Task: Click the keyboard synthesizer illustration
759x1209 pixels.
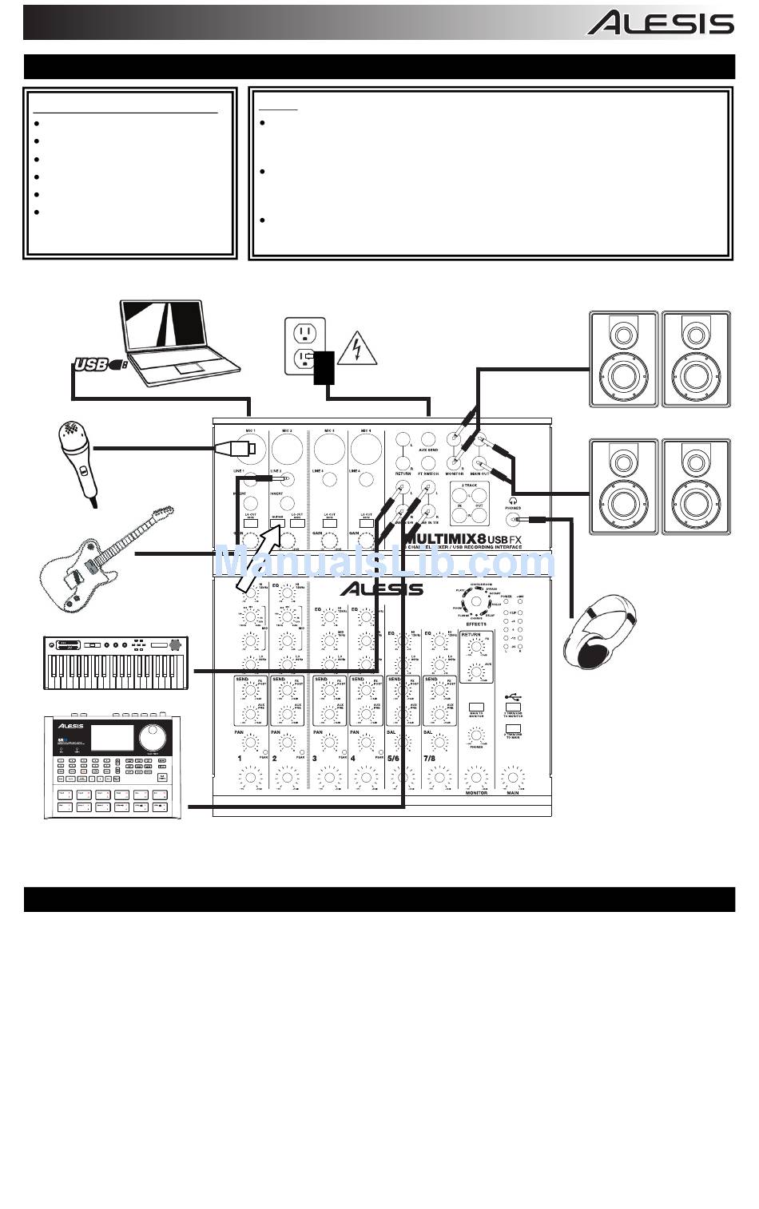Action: [x=117, y=662]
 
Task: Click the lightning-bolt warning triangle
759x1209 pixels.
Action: [x=356, y=350]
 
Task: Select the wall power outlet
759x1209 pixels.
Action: [x=305, y=346]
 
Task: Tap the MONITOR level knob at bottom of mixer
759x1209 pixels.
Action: [x=476, y=776]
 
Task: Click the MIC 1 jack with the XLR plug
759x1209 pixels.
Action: [x=250, y=449]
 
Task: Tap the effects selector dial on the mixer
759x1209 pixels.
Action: [x=477, y=601]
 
